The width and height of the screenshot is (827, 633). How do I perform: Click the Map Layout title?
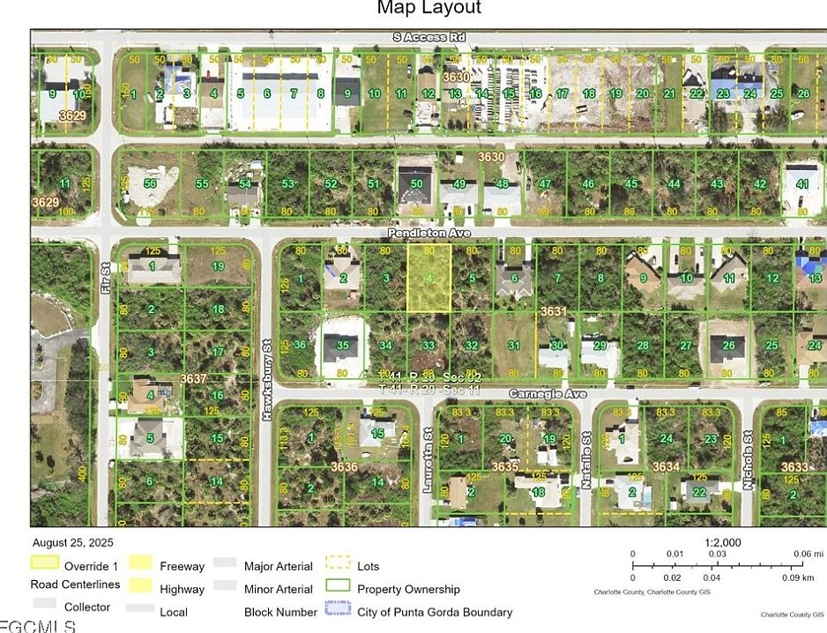click(x=429, y=8)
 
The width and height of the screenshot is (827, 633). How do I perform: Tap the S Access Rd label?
click(x=429, y=37)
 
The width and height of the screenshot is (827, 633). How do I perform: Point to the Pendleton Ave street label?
click(x=429, y=233)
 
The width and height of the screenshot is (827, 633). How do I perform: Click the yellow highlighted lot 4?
click(x=428, y=278)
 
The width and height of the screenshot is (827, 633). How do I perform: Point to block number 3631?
click(x=553, y=311)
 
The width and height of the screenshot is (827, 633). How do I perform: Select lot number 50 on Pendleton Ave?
click(x=416, y=183)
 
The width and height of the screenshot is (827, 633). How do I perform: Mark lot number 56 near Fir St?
click(x=150, y=182)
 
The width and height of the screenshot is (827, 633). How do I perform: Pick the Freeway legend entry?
click(x=182, y=567)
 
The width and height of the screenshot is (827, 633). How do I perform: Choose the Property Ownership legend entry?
click(x=408, y=589)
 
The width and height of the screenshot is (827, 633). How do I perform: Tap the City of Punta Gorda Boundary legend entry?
click(x=434, y=612)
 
